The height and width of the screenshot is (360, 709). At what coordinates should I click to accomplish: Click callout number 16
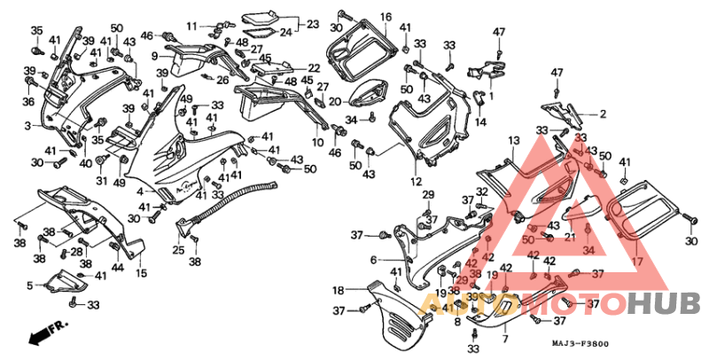pyautogui.click(x=386, y=17)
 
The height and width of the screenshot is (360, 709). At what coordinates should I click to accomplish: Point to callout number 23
pyautogui.click(x=312, y=25)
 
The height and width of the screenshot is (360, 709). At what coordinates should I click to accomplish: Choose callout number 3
pyautogui.click(x=28, y=125)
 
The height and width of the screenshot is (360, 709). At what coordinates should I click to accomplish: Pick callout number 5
pyautogui.click(x=29, y=286)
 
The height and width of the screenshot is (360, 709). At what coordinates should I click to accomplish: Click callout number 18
pyautogui.click(x=338, y=290)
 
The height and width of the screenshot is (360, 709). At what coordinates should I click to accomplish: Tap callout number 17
pyautogui.click(x=636, y=262)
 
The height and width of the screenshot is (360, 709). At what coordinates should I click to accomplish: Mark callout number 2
pyautogui.click(x=603, y=113)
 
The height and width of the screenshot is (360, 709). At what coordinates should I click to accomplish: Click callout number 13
pyautogui.click(x=513, y=141)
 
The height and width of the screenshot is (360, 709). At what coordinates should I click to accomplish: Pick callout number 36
pyautogui.click(x=28, y=102)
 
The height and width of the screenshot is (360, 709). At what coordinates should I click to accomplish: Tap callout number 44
pyautogui.click(x=118, y=268)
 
